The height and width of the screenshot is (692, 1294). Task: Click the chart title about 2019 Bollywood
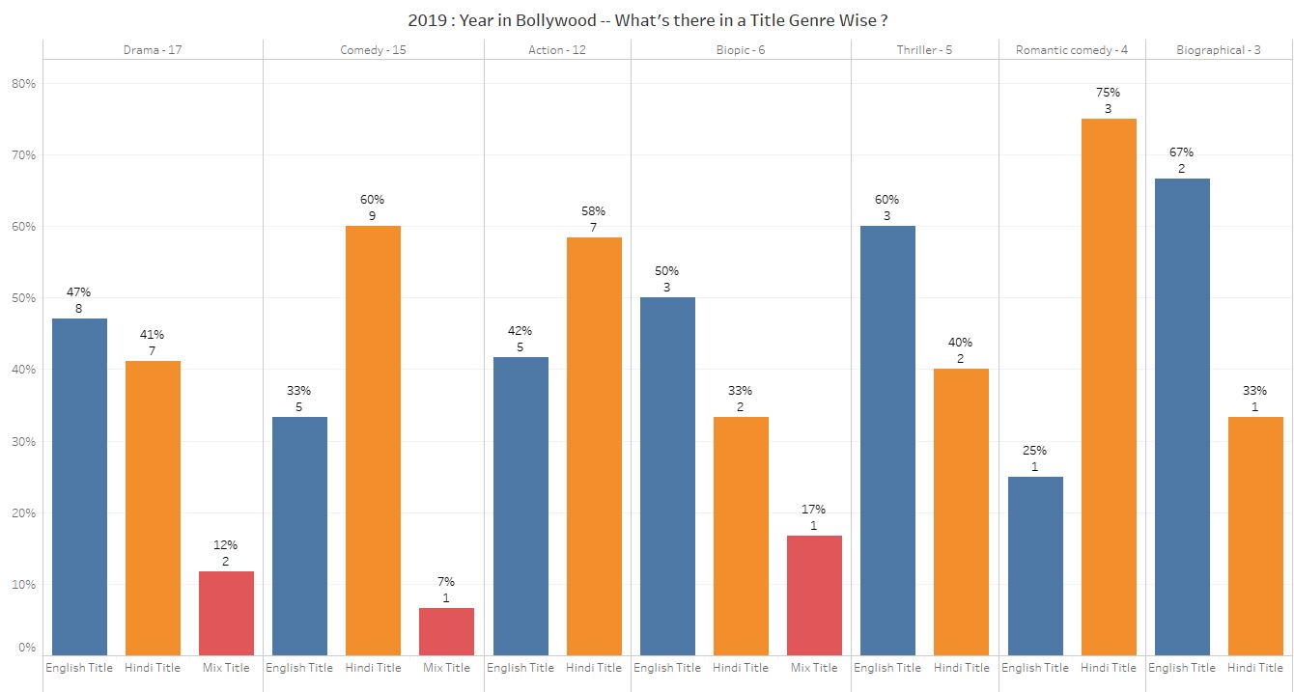pos(647,19)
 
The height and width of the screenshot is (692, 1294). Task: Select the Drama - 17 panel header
pos(153,49)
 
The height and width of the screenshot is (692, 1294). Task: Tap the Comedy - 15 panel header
pos(373,49)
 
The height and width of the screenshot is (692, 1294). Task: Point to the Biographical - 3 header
pos(1219,49)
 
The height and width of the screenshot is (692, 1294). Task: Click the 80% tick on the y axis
pos(23,84)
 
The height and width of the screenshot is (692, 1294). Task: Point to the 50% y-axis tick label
pos(23,298)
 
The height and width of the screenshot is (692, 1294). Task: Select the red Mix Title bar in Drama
pos(226,613)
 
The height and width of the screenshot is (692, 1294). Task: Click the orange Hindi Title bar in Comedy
pos(373,440)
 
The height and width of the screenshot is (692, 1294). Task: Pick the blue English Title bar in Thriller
pos(887,440)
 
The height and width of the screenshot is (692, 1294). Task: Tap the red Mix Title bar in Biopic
pos(814,595)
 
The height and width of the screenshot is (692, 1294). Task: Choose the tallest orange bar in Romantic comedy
pos(1109,386)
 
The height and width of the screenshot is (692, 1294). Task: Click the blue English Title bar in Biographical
pos(1182,416)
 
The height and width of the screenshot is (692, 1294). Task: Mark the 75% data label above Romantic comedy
pos(1109,93)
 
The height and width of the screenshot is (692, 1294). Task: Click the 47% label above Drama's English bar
pos(79,292)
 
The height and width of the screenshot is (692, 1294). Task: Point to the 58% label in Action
pos(594,211)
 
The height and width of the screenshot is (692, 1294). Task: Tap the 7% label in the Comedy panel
pos(446,582)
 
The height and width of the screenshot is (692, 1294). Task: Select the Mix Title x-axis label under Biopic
pos(814,668)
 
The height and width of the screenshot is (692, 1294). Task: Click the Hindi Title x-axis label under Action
pos(594,668)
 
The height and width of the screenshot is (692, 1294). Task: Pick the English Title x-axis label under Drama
pos(79,668)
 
